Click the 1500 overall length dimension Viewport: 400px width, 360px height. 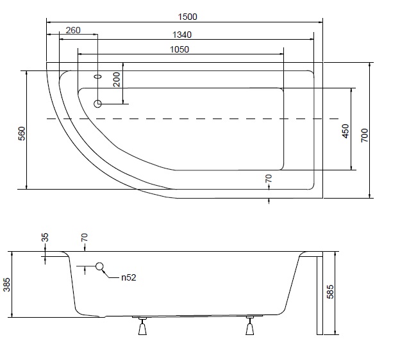click(184, 16)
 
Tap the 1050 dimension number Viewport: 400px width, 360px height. click(179, 49)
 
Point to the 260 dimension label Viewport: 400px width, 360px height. click(72, 31)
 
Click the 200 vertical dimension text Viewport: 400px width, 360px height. click(117, 79)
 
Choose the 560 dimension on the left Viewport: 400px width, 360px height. click(21, 134)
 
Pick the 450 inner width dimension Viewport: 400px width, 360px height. click(345, 130)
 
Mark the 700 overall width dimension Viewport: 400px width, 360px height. click(365, 135)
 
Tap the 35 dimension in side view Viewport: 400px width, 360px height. click(45, 237)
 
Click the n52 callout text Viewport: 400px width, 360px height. click(127, 277)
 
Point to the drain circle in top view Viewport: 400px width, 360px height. click(98, 104)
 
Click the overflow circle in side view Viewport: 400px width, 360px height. click(100, 267)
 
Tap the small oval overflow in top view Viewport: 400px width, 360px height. click(97, 76)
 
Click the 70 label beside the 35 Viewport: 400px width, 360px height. click(83, 237)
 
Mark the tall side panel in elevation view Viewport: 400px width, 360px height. click(319, 295)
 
